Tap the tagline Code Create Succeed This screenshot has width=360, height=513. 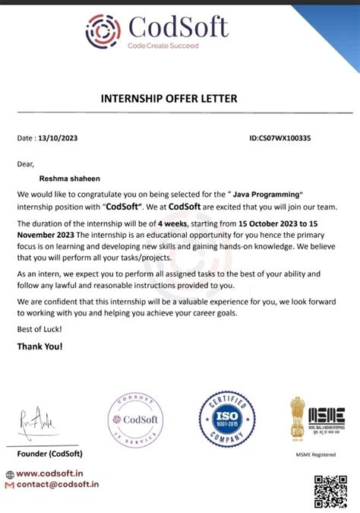tap(163, 46)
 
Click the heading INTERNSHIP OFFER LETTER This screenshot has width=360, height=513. tap(169, 98)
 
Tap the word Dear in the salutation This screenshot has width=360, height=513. tap(26, 163)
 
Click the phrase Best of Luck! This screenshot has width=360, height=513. tap(39, 328)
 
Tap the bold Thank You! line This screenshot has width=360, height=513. tap(40, 347)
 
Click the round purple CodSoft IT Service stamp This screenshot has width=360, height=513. tap(136, 420)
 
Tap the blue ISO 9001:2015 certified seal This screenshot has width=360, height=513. tap(227, 418)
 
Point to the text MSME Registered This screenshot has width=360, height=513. tap(316, 454)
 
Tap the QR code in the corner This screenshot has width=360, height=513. tap(331, 490)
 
